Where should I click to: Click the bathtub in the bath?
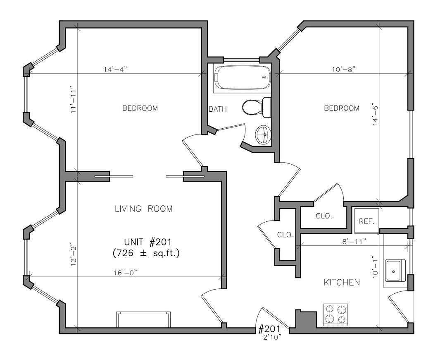pos(242,78)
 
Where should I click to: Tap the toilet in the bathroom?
pos(256,107)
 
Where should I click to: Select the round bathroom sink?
pos(264,134)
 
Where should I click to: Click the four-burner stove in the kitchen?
pos(335,315)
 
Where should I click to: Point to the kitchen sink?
pos(395,271)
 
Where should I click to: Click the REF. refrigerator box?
pos(366,221)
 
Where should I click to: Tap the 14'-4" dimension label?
pos(116,69)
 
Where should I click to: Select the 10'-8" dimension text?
pos(344,69)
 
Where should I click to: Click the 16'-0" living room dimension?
pos(125,272)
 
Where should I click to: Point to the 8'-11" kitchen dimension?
pos(355,241)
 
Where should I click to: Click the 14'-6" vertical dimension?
pos(375,115)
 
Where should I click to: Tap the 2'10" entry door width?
pos(272,337)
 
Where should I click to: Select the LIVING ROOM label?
pos(144,209)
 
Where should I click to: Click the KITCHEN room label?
pos(342,283)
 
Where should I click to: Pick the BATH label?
pos(218,109)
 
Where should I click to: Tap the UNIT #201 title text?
pos(147,242)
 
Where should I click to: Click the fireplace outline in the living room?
pos(143,319)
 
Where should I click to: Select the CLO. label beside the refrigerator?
pos(324,216)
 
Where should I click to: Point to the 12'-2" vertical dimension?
pos(74,254)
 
